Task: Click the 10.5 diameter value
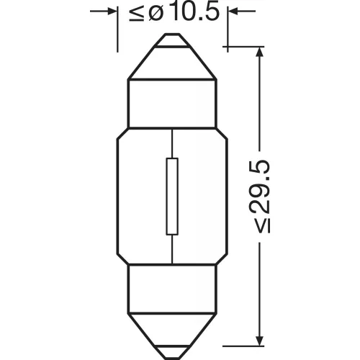pos(195,11)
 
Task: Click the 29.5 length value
pos(261,186)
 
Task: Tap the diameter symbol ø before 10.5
pos(156,12)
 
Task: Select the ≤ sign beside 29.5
pos(262,225)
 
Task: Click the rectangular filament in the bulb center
pos(172,197)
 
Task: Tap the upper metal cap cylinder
pos(172,104)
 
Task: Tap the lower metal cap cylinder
pos(172,289)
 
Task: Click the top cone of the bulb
pos(172,63)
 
